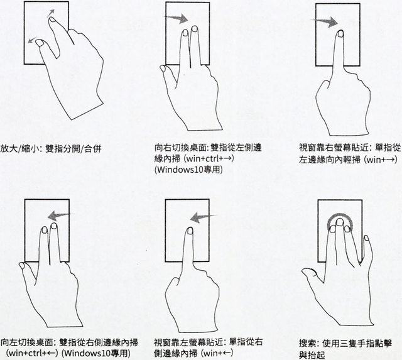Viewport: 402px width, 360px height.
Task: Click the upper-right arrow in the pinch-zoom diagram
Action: coord(51,13)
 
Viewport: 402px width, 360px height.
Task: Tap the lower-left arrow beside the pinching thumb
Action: coord(32,40)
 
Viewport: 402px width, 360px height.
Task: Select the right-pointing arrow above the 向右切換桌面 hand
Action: coord(177,18)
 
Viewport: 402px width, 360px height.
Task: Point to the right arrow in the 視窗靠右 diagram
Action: coord(324,21)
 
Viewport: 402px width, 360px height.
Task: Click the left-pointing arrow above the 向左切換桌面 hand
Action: coord(61,215)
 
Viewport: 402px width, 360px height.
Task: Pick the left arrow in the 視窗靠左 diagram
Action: coord(204,217)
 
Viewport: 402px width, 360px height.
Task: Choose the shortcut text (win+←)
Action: coord(217,353)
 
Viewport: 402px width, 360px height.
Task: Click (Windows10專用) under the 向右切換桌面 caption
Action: coord(188,170)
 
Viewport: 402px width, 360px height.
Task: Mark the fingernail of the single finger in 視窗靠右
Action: coord(340,33)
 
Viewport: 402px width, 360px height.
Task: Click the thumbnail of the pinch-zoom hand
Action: coord(40,43)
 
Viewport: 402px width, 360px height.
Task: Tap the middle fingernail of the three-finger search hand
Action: coord(340,221)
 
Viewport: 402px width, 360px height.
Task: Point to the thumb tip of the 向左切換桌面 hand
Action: coord(21,265)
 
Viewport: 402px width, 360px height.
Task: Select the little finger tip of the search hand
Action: coord(366,237)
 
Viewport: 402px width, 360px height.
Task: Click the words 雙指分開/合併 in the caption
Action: coord(73,148)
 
